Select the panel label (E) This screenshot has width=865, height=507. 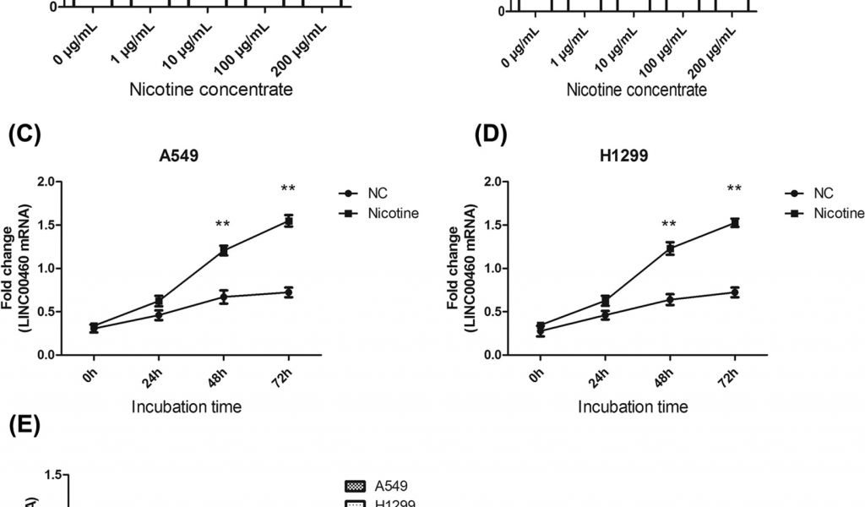pos(24,425)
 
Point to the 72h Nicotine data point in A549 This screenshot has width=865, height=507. pos(288,221)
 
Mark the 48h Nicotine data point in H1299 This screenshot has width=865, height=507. pos(669,248)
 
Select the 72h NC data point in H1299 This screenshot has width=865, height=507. pos(734,292)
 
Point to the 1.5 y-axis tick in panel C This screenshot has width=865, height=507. pos(45,225)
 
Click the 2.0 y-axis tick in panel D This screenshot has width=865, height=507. pos(492,182)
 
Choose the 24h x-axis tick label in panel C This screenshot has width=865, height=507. pos(157,373)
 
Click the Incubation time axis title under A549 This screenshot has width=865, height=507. pos(187,406)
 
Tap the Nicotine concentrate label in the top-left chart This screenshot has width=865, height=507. pos(211,90)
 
